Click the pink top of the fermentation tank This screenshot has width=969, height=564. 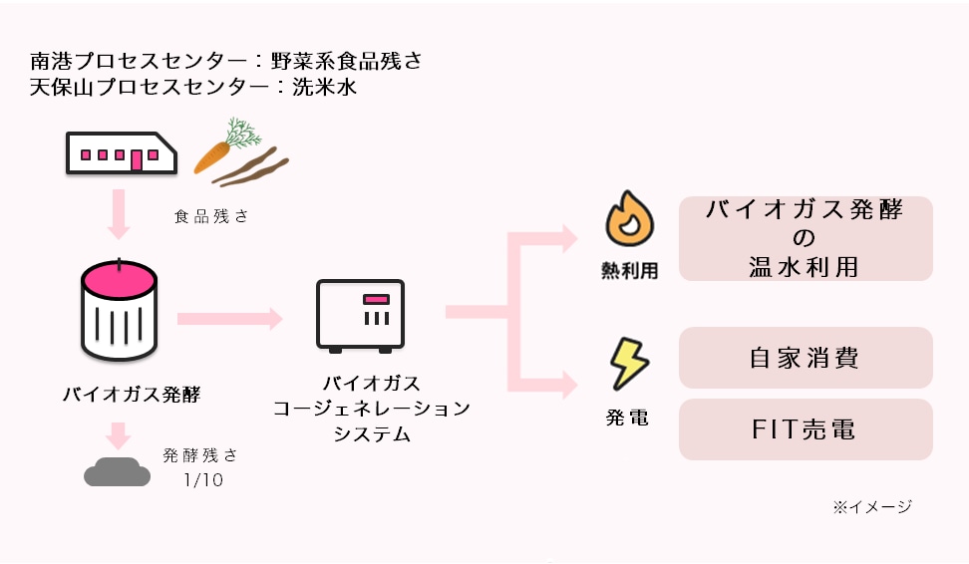pos(119,279)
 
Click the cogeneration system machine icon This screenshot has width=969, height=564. pos(360,315)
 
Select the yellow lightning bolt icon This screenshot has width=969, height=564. pos(628,365)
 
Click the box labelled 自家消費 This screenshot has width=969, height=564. pos(806,358)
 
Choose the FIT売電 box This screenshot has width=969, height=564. pos(806,429)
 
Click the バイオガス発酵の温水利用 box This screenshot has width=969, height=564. pos(806,239)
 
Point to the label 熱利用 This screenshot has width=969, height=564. pos(630,271)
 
